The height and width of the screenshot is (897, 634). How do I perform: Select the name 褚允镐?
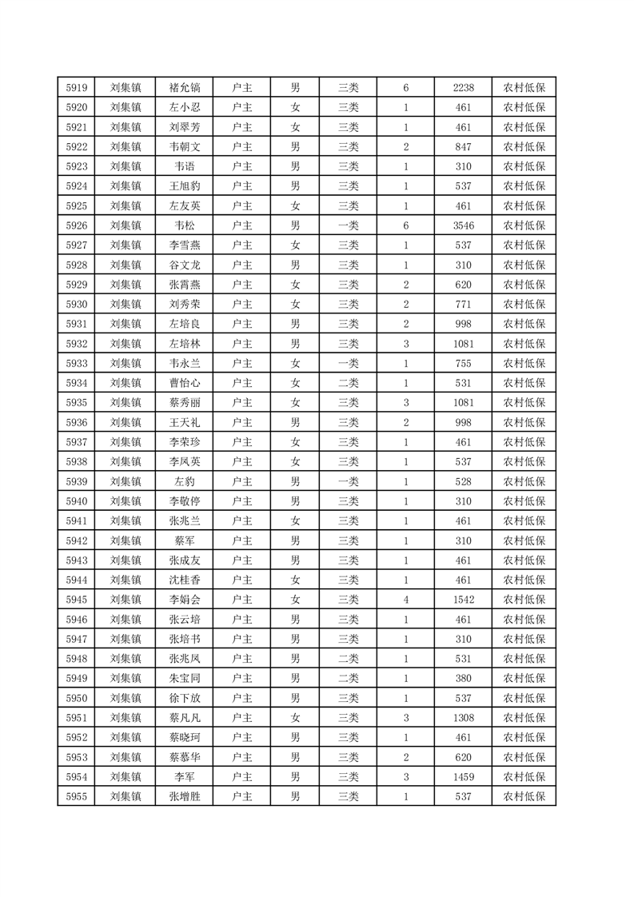tap(185, 88)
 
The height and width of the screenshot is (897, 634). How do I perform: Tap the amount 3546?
tap(463, 226)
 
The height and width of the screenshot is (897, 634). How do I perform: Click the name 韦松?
tap(185, 226)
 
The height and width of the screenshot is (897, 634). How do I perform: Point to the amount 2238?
tap(463, 88)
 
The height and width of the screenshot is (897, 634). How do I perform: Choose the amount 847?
tap(463, 147)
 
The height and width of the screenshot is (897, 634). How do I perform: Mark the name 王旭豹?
tap(185, 186)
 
